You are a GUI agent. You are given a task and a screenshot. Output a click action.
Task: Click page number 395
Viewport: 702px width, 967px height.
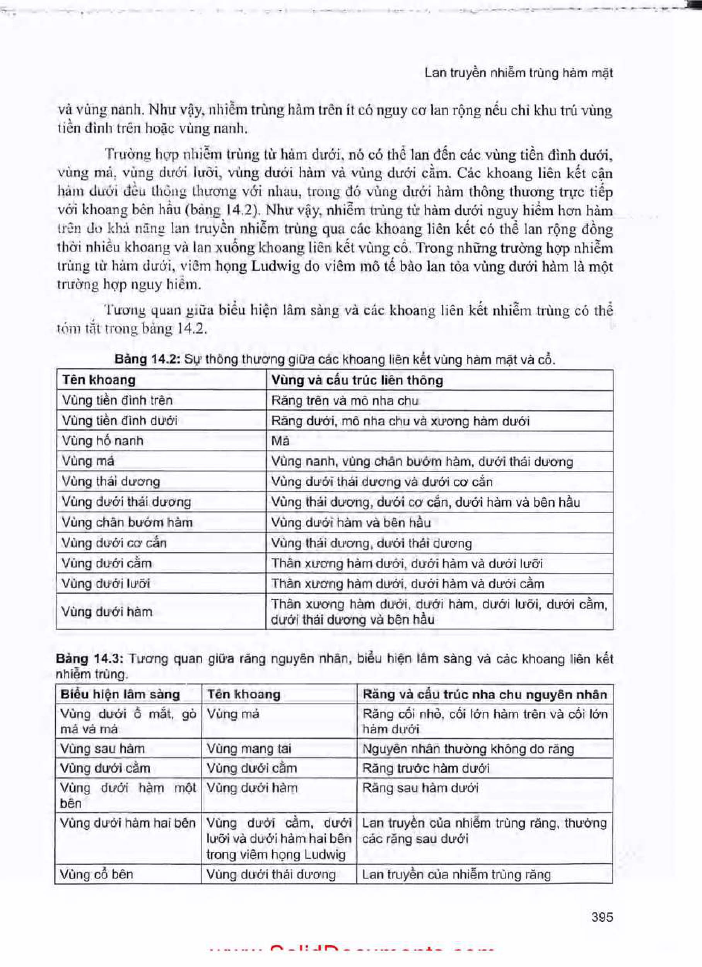602,916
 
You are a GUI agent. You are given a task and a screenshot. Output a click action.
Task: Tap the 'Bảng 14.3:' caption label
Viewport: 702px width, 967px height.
89,659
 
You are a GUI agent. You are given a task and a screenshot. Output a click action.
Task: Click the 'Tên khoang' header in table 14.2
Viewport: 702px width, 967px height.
99,380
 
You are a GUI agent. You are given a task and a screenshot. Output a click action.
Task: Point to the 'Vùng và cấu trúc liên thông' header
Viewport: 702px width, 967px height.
357,380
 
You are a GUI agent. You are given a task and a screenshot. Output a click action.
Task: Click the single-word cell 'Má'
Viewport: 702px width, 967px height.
280,441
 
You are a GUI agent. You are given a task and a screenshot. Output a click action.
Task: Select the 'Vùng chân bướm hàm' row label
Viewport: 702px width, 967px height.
127,522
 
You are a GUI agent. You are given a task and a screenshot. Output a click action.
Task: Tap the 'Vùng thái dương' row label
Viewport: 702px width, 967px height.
111,481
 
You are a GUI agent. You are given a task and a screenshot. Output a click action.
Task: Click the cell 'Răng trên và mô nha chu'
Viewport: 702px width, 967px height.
345,400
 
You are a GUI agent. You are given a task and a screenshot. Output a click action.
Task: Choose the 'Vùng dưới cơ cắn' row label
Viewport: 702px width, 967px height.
114,543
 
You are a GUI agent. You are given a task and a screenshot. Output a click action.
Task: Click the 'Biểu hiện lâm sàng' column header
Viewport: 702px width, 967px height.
120,695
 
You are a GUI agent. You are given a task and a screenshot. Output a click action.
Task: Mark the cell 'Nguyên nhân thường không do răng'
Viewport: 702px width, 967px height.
468,749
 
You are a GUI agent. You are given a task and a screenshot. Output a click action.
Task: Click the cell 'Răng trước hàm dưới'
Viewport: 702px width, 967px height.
425,768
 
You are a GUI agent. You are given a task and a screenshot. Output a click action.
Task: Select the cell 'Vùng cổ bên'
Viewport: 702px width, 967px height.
97,875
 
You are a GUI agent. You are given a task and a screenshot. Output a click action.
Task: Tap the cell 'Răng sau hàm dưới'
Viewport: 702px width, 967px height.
420,788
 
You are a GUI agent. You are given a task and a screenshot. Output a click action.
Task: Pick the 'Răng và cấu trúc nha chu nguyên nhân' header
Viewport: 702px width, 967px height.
485,695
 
